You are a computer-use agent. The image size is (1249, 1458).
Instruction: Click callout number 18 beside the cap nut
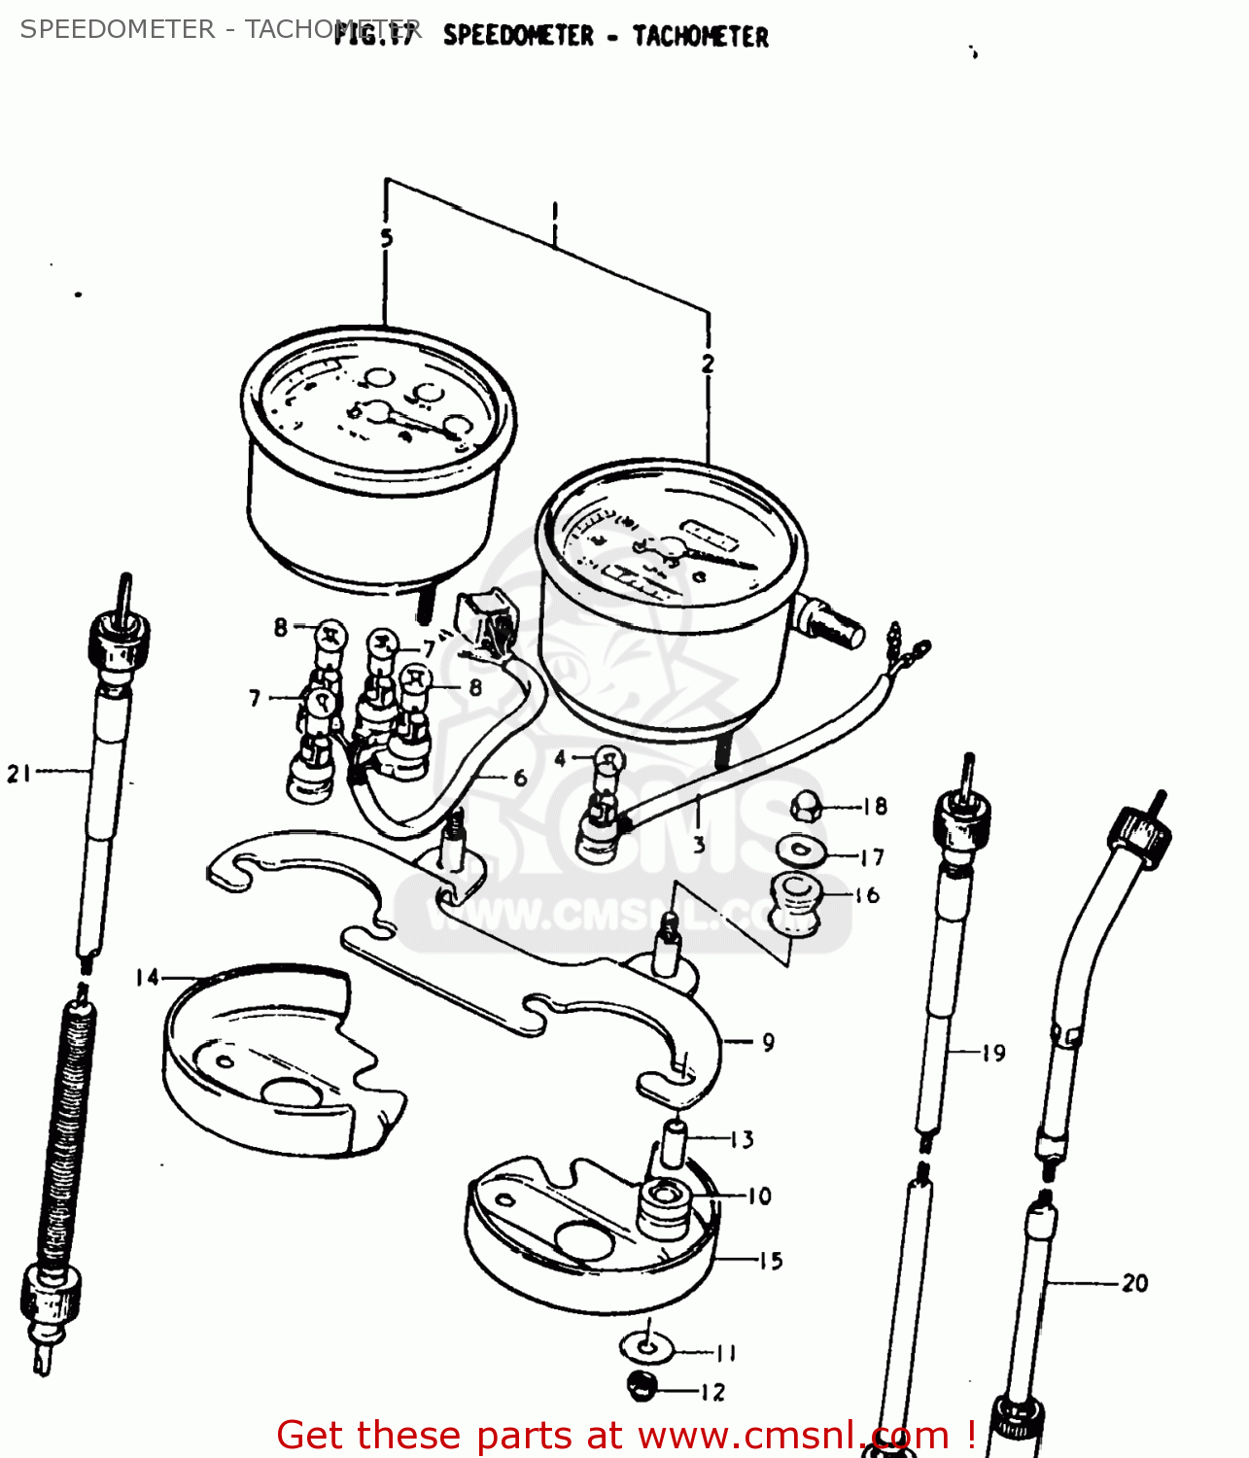875,806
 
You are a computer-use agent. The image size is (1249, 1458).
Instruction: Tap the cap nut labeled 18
806,805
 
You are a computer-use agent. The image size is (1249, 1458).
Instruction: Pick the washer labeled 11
645,1348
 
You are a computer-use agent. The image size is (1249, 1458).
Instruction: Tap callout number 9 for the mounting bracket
768,1042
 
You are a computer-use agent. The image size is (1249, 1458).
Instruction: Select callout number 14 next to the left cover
147,977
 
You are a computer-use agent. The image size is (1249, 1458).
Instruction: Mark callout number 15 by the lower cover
771,1261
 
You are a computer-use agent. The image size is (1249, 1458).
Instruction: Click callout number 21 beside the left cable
19,774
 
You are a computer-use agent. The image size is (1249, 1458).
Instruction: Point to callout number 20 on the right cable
1134,1283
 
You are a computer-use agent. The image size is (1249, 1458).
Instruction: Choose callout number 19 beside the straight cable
992,1053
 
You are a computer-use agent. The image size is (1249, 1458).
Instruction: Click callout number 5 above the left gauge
386,238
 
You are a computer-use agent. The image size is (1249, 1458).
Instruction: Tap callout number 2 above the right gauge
708,364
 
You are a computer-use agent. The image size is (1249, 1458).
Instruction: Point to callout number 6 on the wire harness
520,778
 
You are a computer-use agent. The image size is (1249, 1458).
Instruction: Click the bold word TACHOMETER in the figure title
700,37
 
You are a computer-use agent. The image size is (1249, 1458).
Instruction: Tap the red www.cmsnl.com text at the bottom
793,1436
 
